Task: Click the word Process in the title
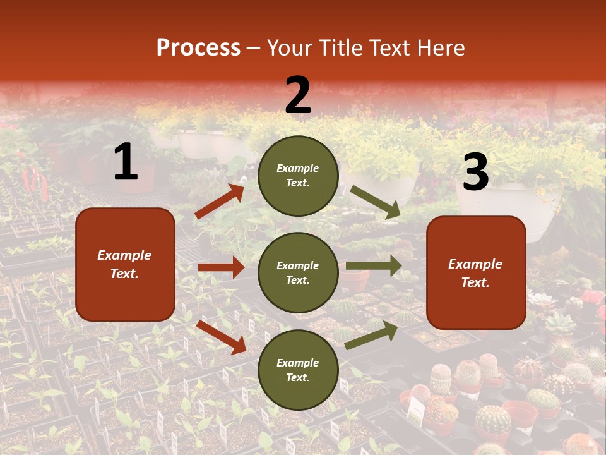(198, 48)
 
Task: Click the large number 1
(126, 162)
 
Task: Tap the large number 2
(298, 95)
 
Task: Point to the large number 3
(475, 172)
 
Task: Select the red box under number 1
(125, 264)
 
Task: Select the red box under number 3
(476, 272)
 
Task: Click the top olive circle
(298, 176)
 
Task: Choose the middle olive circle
(298, 272)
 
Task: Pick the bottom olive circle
(298, 370)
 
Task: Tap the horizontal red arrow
(221, 268)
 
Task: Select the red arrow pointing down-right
(221, 337)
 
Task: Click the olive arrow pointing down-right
(376, 202)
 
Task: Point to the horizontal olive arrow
(374, 266)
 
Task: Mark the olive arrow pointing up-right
(372, 336)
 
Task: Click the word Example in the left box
(124, 255)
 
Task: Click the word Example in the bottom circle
(298, 363)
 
